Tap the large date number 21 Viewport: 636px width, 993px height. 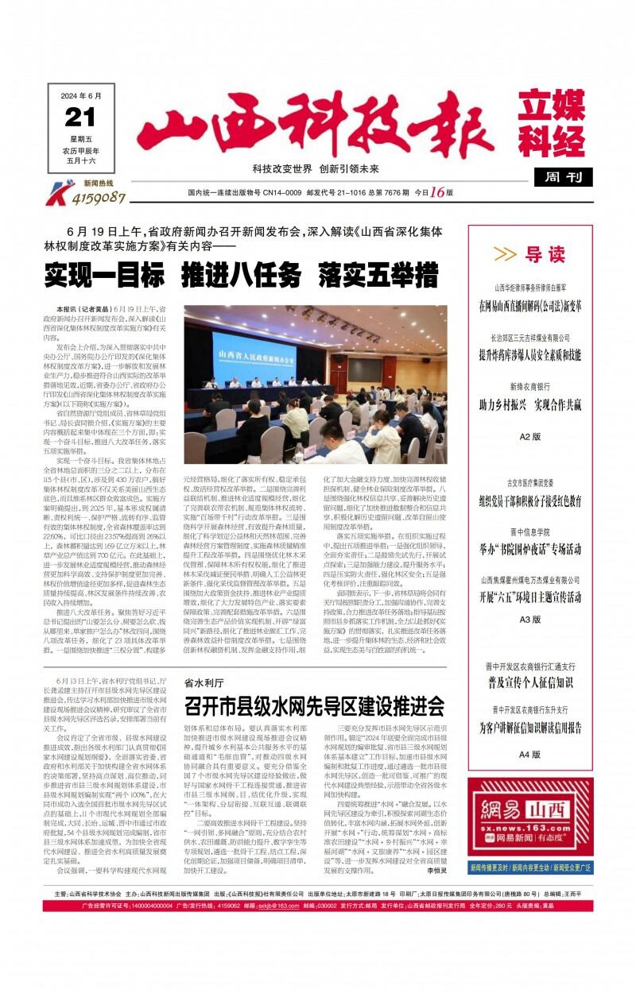click(79, 118)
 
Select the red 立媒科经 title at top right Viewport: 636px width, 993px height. click(551, 125)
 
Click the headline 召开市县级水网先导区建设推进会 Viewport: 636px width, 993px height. click(314, 705)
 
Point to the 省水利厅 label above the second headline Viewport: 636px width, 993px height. click(204, 682)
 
